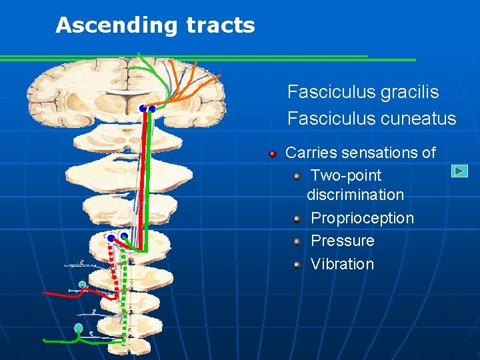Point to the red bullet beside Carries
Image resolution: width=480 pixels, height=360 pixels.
click(273, 154)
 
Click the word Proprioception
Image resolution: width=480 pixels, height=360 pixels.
click(362, 218)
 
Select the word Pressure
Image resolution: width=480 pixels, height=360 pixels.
click(342, 241)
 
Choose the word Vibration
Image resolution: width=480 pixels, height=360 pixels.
click(342, 264)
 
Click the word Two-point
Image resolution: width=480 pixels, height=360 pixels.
click(346, 175)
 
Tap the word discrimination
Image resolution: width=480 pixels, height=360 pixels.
click(355, 195)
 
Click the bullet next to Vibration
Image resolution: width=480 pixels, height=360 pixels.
click(297, 265)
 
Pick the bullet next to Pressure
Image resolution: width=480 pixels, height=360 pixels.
click(297, 241)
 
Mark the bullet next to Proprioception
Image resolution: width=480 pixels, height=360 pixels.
click(297, 219)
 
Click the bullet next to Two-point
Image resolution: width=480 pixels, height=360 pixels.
click(297, 176)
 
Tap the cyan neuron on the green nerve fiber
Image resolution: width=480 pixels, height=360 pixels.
click(79, 328)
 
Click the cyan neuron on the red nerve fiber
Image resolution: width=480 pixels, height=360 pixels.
click(82, 285)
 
